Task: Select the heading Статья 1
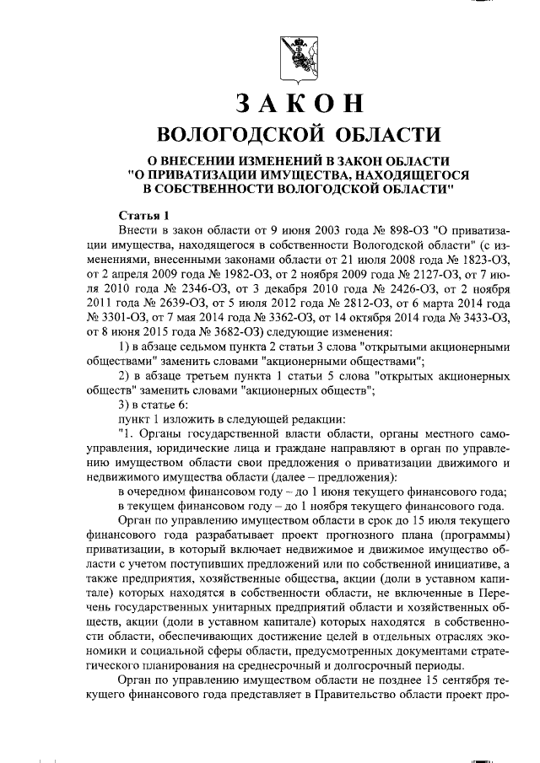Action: coord(144,213)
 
